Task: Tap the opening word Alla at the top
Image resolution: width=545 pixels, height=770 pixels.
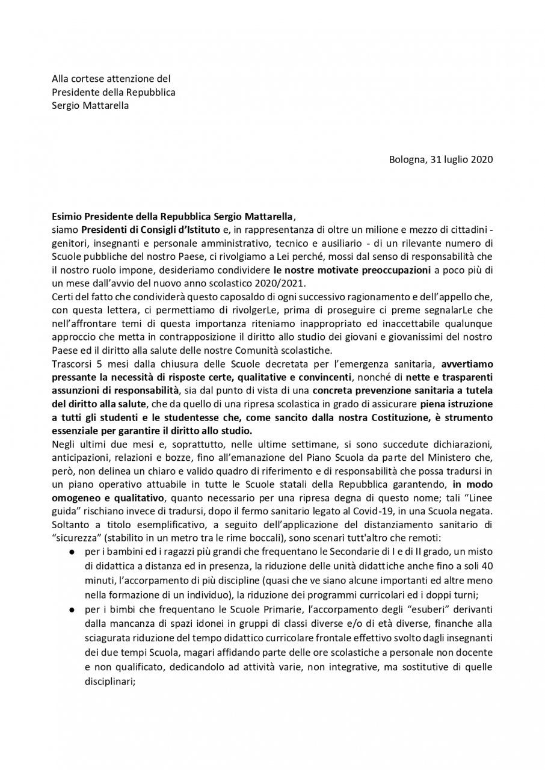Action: [x=61, y=78]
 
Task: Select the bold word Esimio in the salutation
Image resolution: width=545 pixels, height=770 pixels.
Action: [x=68, y=215]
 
